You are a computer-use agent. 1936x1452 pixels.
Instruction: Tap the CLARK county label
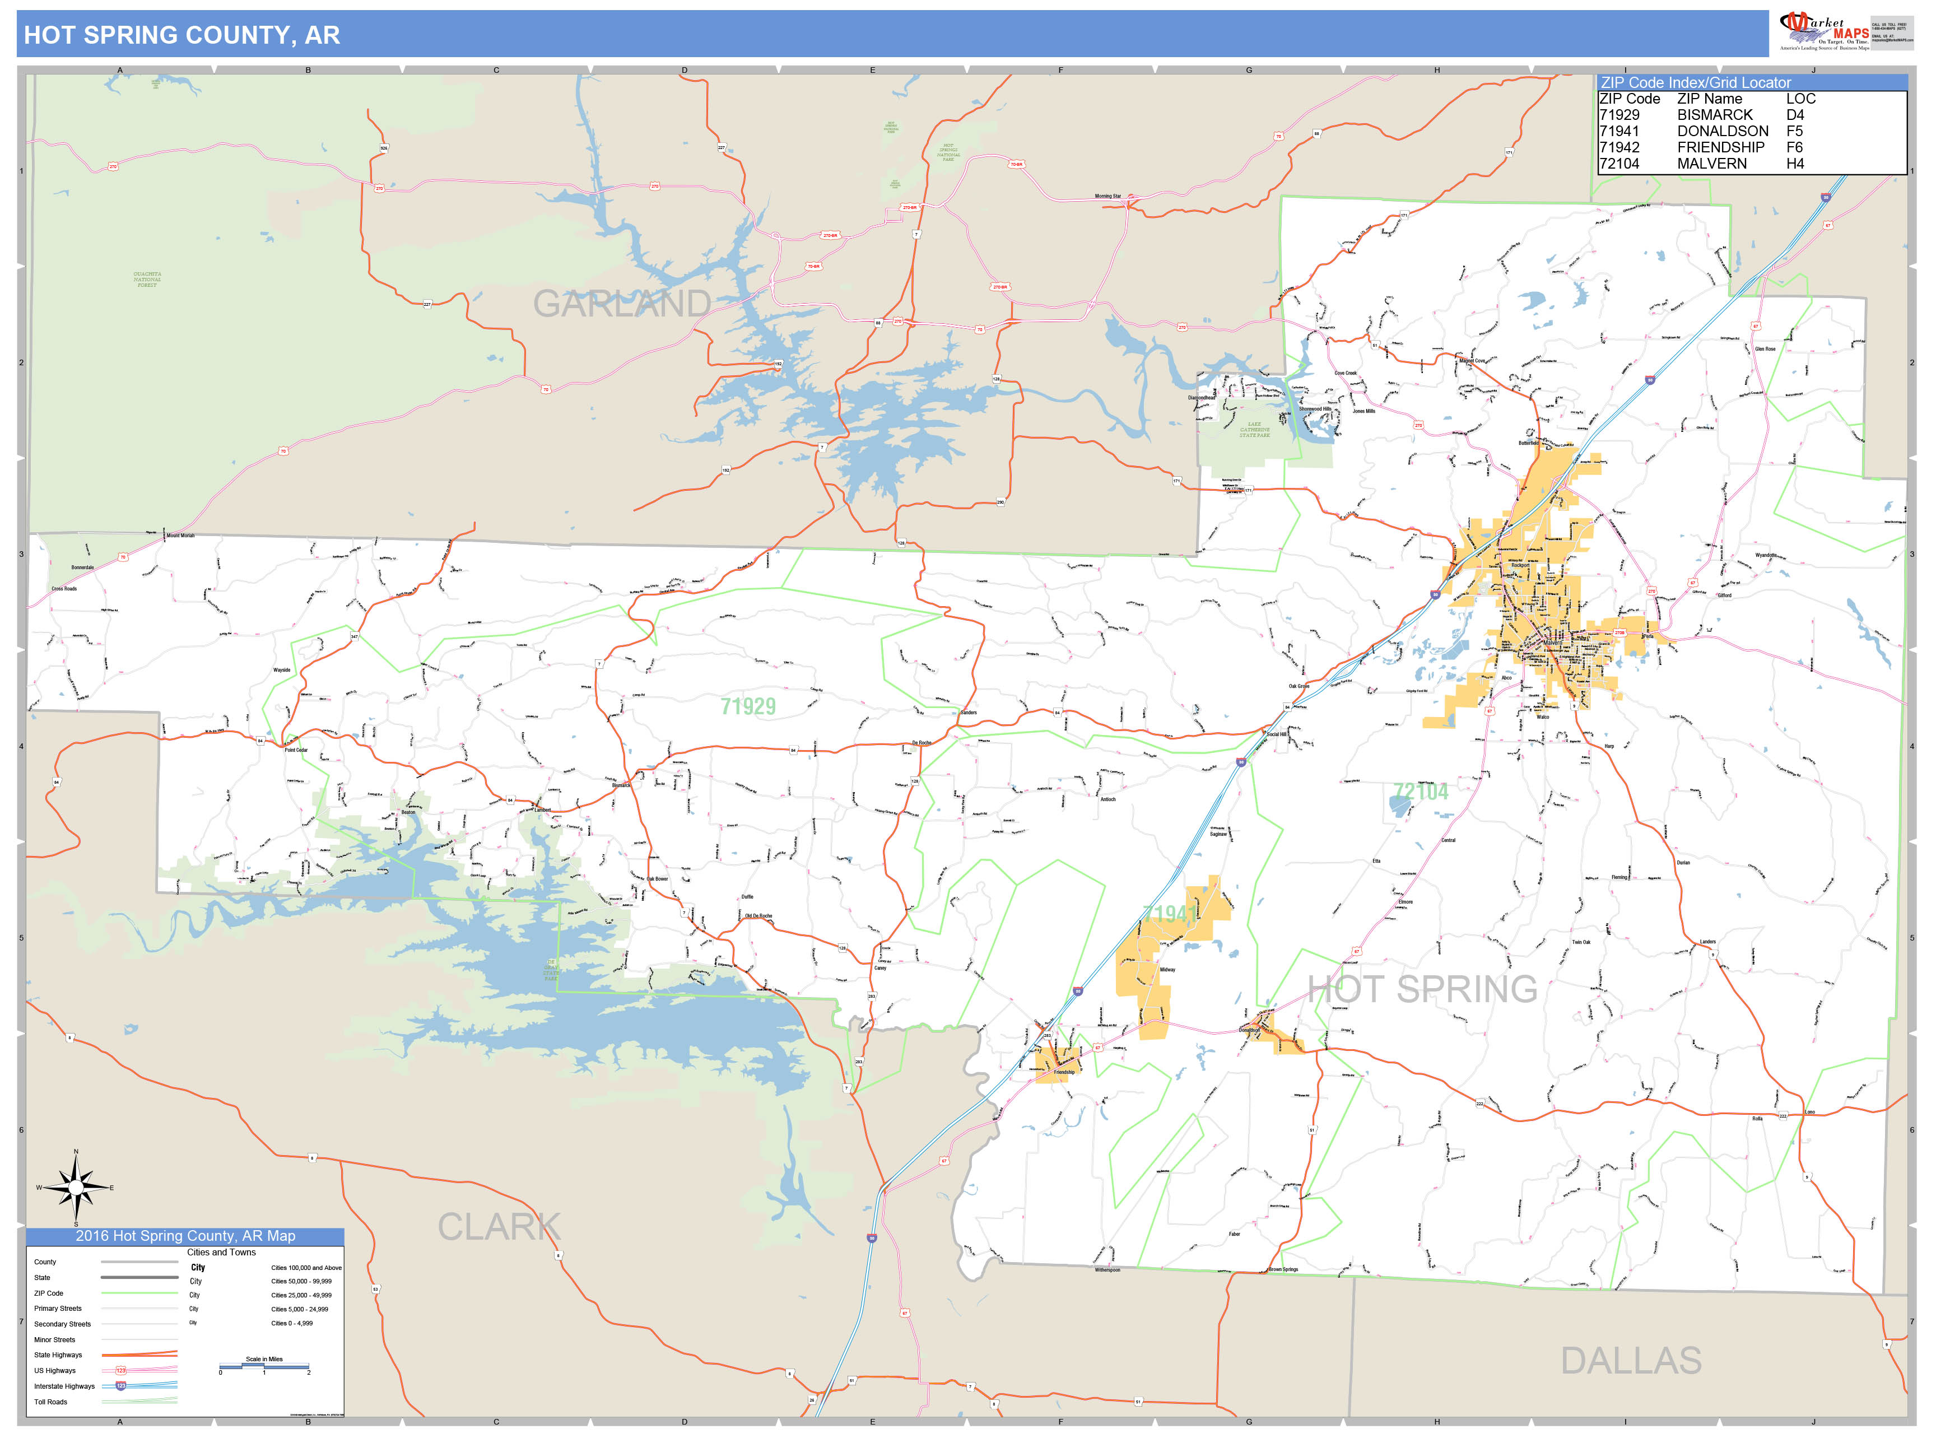click(x=499, y=1226)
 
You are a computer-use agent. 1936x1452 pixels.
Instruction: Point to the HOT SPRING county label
click(x=1422, y=989)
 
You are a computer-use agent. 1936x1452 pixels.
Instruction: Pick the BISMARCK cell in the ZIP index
click(x=1715, y=115)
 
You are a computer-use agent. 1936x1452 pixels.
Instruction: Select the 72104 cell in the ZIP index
click(x=1619, y=164)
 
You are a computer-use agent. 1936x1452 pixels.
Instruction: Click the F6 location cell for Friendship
click(x=1794, y=147)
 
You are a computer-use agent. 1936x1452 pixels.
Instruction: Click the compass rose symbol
click(x=76, y=1188)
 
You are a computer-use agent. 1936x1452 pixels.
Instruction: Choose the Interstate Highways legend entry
click(x=64, y=1386)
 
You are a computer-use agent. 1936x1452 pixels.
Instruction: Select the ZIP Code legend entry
click(x=49, y=1293)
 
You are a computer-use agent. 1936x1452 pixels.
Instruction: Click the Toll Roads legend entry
click(x=51, y=1402)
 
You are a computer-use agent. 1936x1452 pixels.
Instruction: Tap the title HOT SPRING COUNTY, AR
click(x=182, y=35)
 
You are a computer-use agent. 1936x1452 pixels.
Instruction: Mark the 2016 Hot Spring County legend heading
click(x=185, y=1236)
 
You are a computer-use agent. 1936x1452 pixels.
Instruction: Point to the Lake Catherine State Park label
click(x=1254, y=429)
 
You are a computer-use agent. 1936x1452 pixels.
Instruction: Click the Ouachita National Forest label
click(x=147, y=279)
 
